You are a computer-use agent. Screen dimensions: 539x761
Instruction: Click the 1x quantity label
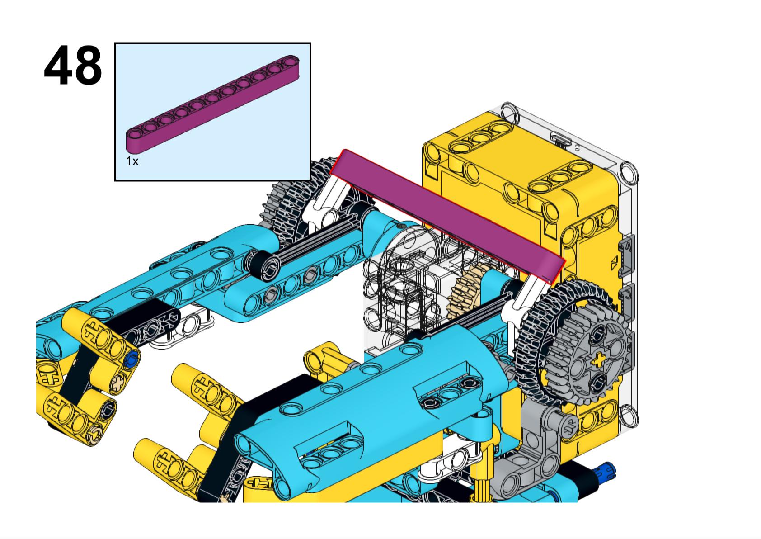(132, 161)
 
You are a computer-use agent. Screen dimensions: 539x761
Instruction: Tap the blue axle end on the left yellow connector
(132, 360)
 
